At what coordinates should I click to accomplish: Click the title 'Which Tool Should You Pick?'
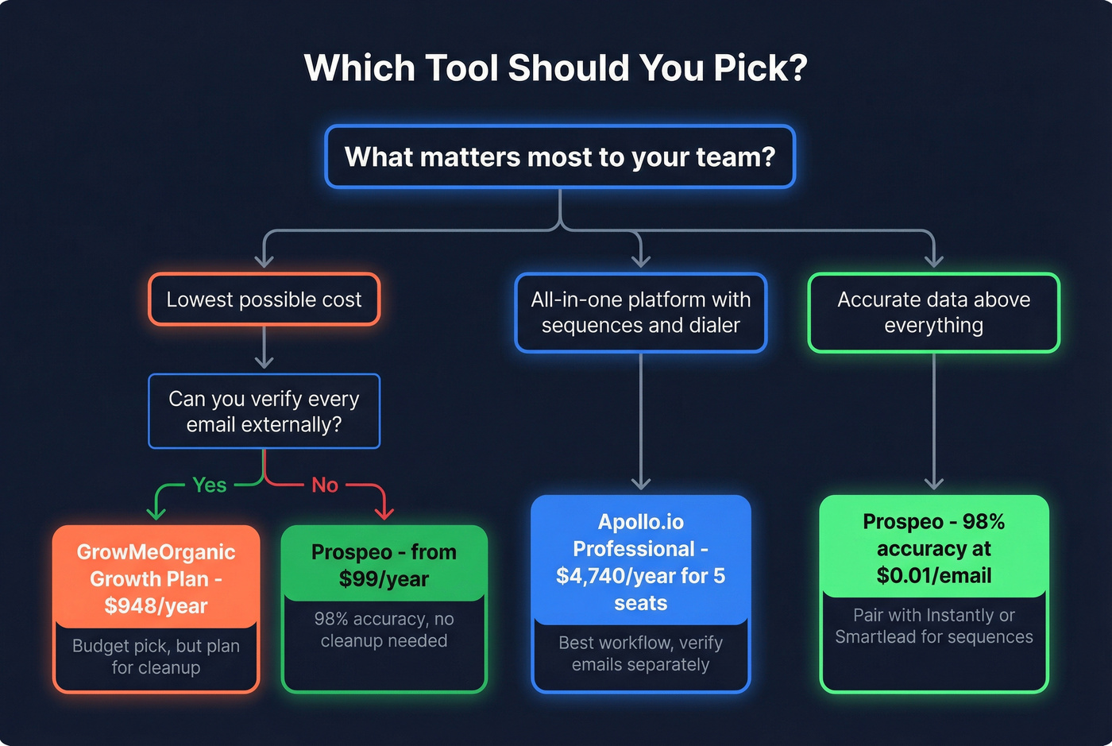point(555,68)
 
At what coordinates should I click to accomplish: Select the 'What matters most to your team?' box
point(560,157)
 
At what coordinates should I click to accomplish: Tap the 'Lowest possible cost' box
point(264,300)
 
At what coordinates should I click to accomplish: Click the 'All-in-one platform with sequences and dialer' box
point(640,312)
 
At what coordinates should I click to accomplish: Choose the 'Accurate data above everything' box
point(933,312)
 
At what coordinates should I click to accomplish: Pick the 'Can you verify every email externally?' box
point(264,412)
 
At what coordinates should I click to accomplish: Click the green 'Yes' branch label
point(210,485)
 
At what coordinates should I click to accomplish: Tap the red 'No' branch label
point(325,485)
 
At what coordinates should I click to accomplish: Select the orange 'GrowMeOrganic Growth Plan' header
point(156,565)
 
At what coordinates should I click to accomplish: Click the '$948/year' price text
point(156,606)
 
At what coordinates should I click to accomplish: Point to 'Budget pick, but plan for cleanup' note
point(156,657)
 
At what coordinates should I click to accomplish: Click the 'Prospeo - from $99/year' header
point(384,565)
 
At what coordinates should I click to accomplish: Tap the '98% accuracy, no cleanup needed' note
point(384,630)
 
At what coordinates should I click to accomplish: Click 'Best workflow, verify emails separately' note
point(640,653)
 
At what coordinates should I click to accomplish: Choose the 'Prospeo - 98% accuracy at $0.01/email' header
point(933,548)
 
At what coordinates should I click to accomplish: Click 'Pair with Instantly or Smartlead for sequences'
point(933,626)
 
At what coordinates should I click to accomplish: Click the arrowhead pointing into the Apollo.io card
point(640,483)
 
